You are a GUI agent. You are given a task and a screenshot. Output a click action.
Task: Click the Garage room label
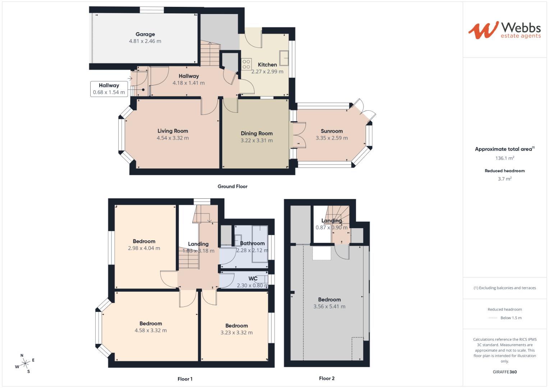click(145, 34)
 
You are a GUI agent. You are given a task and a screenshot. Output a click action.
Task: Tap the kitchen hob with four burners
click(246, 64)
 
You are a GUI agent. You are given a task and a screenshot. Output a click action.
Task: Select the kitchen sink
click(284, 59)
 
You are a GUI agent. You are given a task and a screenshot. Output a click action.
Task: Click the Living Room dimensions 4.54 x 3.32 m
click(173, 138)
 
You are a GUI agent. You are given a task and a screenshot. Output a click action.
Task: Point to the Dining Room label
click(256, 133)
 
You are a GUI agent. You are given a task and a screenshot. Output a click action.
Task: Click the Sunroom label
click(331, 131)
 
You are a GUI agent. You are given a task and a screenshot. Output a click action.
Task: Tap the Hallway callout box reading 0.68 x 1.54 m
click(109, 89)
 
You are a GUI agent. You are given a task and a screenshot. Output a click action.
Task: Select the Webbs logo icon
click(483, 30)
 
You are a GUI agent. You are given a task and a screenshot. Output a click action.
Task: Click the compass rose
click(25, 364)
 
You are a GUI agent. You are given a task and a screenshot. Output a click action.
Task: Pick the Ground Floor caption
click(232, 186)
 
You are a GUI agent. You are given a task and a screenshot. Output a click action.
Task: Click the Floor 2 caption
click(326, 378)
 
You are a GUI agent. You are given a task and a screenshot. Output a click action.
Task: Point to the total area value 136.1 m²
click(504, 158)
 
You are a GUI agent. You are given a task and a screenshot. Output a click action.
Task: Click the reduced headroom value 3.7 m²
click(504, 179)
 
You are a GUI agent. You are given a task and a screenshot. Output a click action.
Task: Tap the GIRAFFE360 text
click(504, 372)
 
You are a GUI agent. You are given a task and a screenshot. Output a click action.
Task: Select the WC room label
click(253, 279)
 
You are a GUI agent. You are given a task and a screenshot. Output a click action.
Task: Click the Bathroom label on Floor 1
click(252, 243)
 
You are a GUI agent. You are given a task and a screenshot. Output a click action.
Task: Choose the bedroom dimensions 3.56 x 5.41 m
click(329, 306)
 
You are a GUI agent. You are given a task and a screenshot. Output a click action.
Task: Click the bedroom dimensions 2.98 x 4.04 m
click(144, 248)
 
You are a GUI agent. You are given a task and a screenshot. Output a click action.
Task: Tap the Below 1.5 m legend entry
click(511, 318)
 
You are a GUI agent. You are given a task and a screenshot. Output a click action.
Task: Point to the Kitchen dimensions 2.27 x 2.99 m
click(267, 71)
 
